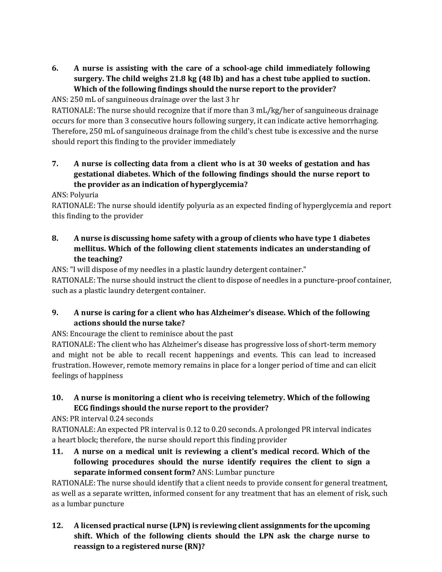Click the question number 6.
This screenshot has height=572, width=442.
click(x=55, y=68)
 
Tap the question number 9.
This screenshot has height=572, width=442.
click(x=55, y=313)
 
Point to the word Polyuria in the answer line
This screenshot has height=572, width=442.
click(x=84, y=195)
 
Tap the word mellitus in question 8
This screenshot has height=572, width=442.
click(x=89, y=249)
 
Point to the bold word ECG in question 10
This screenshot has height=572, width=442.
click(x=81, y=408)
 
